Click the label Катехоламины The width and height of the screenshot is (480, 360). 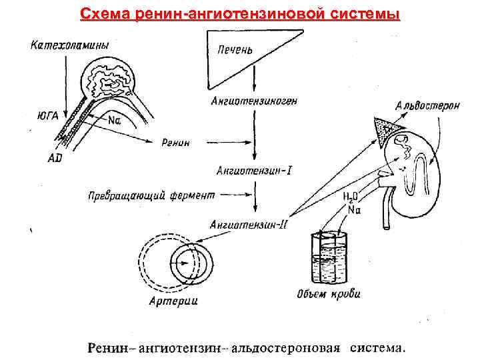(x=70, y=45)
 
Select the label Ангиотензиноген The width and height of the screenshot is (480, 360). (x=254, y=101)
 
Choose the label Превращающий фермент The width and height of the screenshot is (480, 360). (x=152, y=196)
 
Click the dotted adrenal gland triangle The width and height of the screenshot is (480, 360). (x=386, y=127)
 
